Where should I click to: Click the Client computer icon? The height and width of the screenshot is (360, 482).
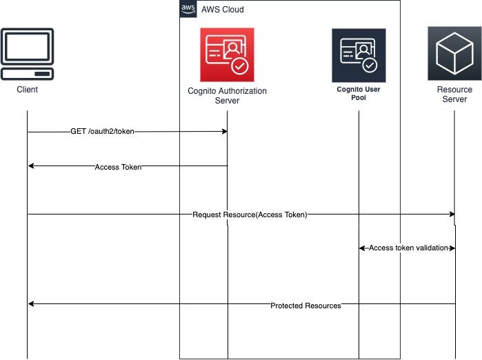28,54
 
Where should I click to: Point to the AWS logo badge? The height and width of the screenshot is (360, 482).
188,8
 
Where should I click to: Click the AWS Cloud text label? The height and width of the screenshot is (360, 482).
222,10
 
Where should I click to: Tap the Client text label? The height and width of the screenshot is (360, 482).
28,90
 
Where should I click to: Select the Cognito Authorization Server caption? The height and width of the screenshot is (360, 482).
227,95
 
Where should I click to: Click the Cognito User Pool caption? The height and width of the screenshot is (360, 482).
359,94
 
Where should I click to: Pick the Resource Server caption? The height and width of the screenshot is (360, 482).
454,94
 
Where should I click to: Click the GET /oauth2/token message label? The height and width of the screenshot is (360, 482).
102,131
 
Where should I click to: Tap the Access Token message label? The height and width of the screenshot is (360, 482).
118,166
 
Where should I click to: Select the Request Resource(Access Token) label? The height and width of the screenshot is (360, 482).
250,214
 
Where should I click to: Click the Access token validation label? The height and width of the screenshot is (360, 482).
409,248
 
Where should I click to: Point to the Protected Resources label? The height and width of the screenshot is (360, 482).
305,305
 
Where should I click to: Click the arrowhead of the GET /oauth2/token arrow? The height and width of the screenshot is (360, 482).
225,131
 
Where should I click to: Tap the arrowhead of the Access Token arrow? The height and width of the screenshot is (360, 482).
30,166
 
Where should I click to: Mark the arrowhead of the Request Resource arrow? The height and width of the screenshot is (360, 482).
452,214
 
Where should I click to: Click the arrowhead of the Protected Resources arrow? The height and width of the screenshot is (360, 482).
30,304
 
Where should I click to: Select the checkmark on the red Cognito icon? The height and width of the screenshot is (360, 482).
239,66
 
